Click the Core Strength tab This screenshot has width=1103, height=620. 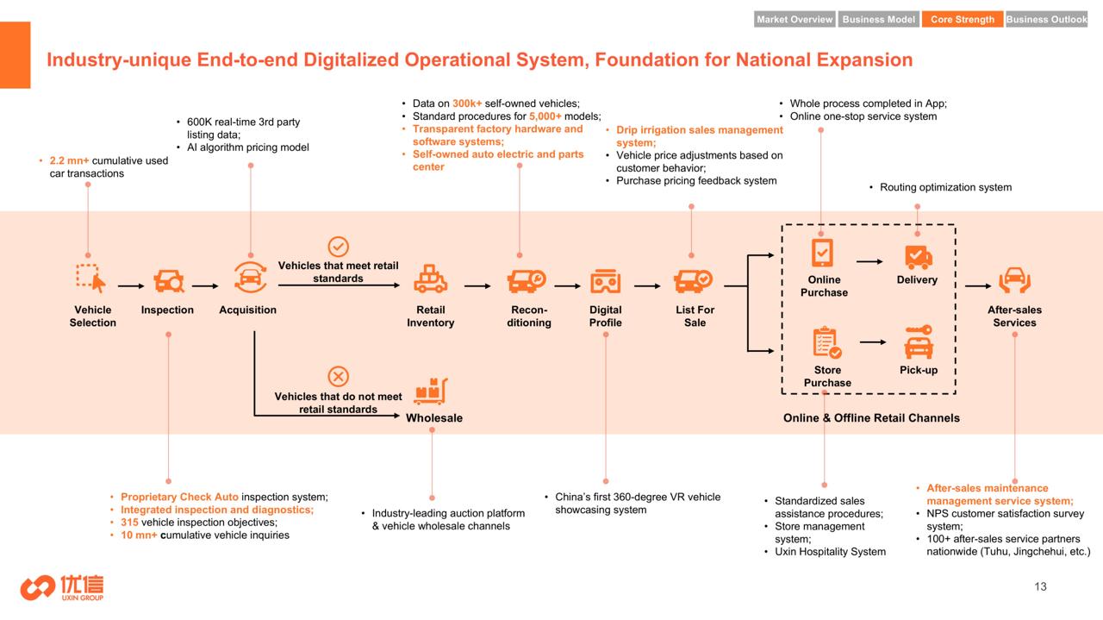click(x=963, y=19)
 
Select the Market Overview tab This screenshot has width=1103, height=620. click(x=795, y=19)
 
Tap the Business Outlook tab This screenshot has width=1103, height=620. click(x=1046, y=19)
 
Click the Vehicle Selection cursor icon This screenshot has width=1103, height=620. click(x=91, y=279)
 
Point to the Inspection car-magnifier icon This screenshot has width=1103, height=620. click(x=168, y=281)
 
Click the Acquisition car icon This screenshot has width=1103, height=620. click(x=250, y=278)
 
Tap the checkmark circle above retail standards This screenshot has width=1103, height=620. click(x=339, y=247)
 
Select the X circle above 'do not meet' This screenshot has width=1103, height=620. click(x=339, y=377)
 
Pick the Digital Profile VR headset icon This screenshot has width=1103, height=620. click(x=605, y=281)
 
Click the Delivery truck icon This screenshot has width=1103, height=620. click(x=919, y=257)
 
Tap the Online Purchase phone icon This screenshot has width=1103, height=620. click(x=822, y=253)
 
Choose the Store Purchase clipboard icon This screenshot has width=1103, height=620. click(x=826, y=342)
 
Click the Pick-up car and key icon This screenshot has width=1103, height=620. click(x=919, y=341)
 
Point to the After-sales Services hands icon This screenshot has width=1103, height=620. click(x=1014, y=280)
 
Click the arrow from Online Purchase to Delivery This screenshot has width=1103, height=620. click(x=869, y=261)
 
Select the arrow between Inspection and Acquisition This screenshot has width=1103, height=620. click(x=205, y=285)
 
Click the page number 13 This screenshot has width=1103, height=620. click(x=1040, y=586)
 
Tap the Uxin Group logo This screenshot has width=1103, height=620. click(x=62, y=587)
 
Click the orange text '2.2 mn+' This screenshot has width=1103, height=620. click(x=69, y=160)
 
